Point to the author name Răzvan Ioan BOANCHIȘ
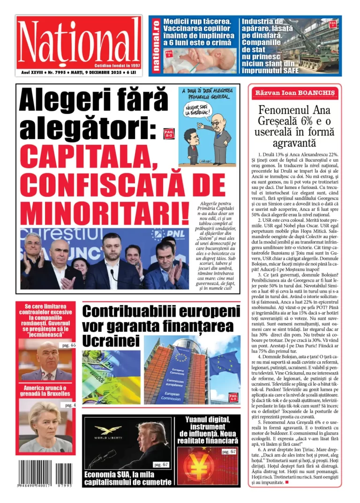tap(295, 93)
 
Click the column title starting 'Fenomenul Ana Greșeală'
tap(295, 127)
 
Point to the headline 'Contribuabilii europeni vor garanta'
tap(161, 325)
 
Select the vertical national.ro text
tap(156, 45)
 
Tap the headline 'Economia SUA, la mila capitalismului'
tap(127, 478)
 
